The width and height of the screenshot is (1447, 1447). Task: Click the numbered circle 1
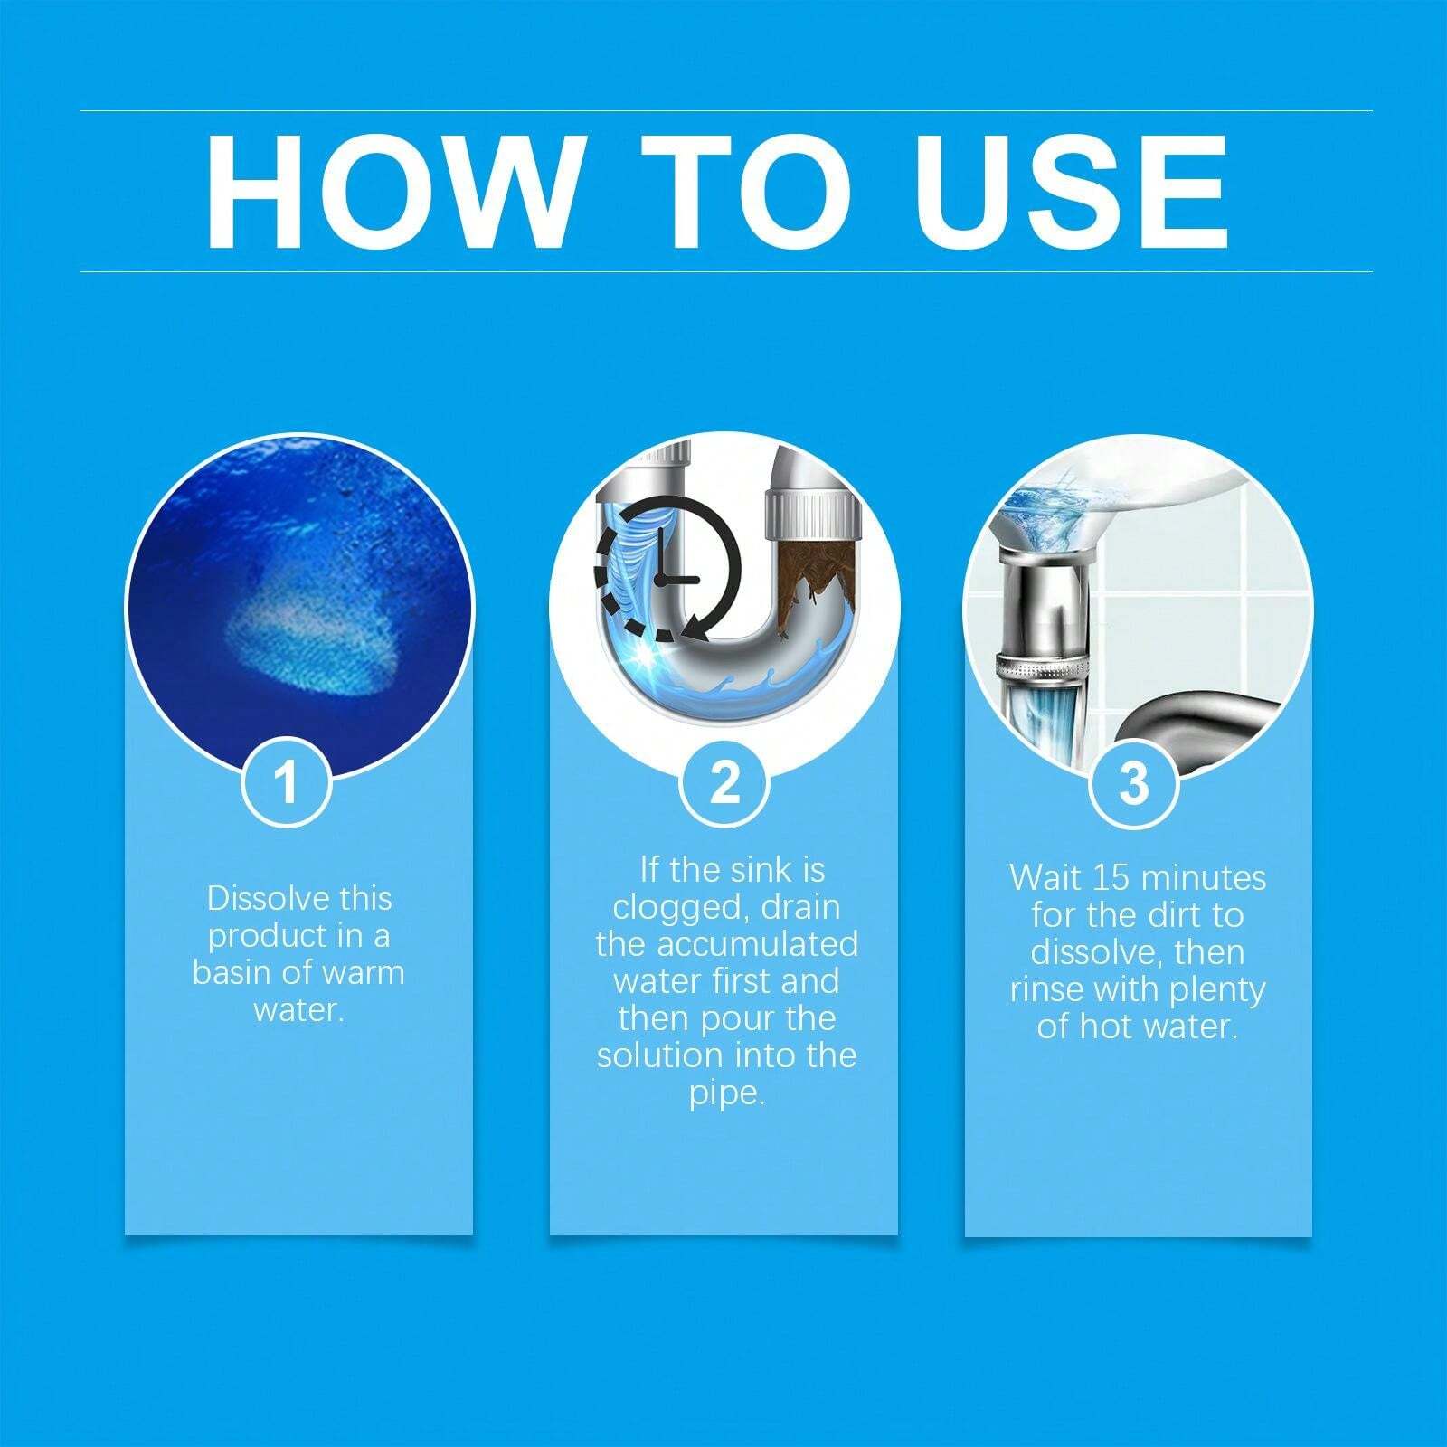[287, 782]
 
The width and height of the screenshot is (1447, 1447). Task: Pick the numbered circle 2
[723, 782]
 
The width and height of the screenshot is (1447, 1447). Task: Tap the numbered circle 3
[1133, 782]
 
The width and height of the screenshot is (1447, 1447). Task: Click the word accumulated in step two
[757, 944]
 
